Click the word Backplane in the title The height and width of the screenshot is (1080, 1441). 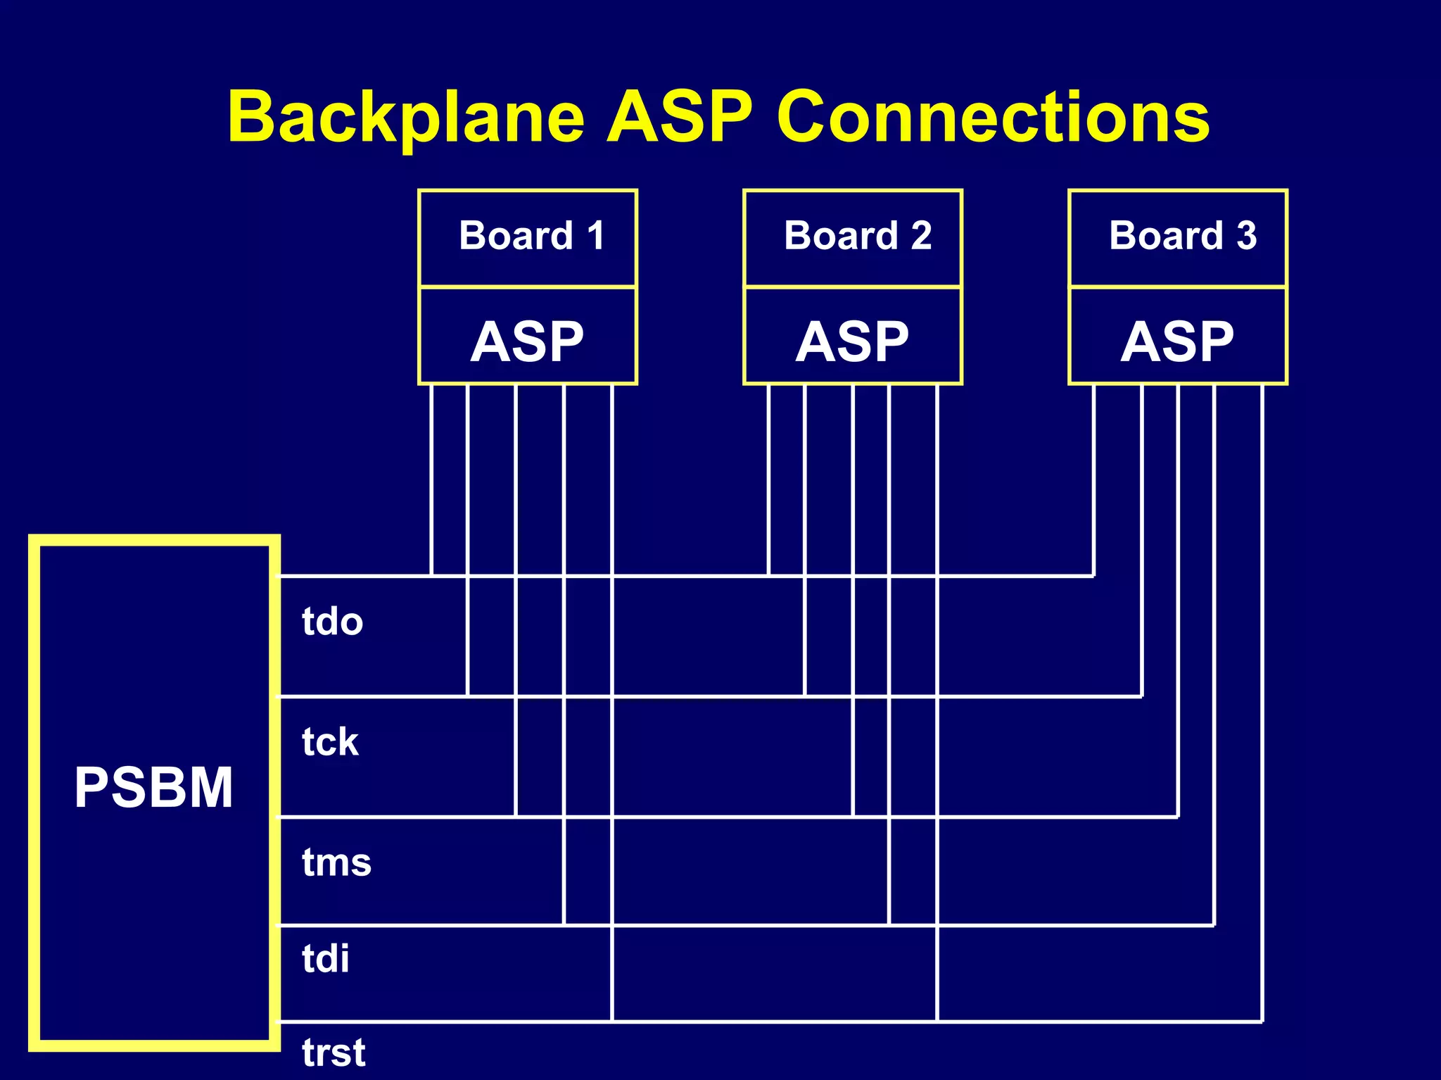[406, 118]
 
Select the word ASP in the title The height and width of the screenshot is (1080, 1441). [680, 118]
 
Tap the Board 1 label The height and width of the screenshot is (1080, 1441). [531, 236]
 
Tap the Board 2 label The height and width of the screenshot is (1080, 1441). [857, 236]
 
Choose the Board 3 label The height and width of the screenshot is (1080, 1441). [1182, 236]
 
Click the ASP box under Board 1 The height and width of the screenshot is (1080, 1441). [528, 340]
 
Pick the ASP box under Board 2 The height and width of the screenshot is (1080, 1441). [853, 340]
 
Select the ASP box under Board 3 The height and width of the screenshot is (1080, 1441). [1177, 340]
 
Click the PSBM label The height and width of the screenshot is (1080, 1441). [153, 787]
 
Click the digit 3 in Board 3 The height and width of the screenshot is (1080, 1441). [1247, 236]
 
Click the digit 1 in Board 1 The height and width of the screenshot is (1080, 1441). [596, 236]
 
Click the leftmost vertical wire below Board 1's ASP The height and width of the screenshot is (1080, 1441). [431, 479]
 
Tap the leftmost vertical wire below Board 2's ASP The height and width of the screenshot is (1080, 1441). [768, 479]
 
